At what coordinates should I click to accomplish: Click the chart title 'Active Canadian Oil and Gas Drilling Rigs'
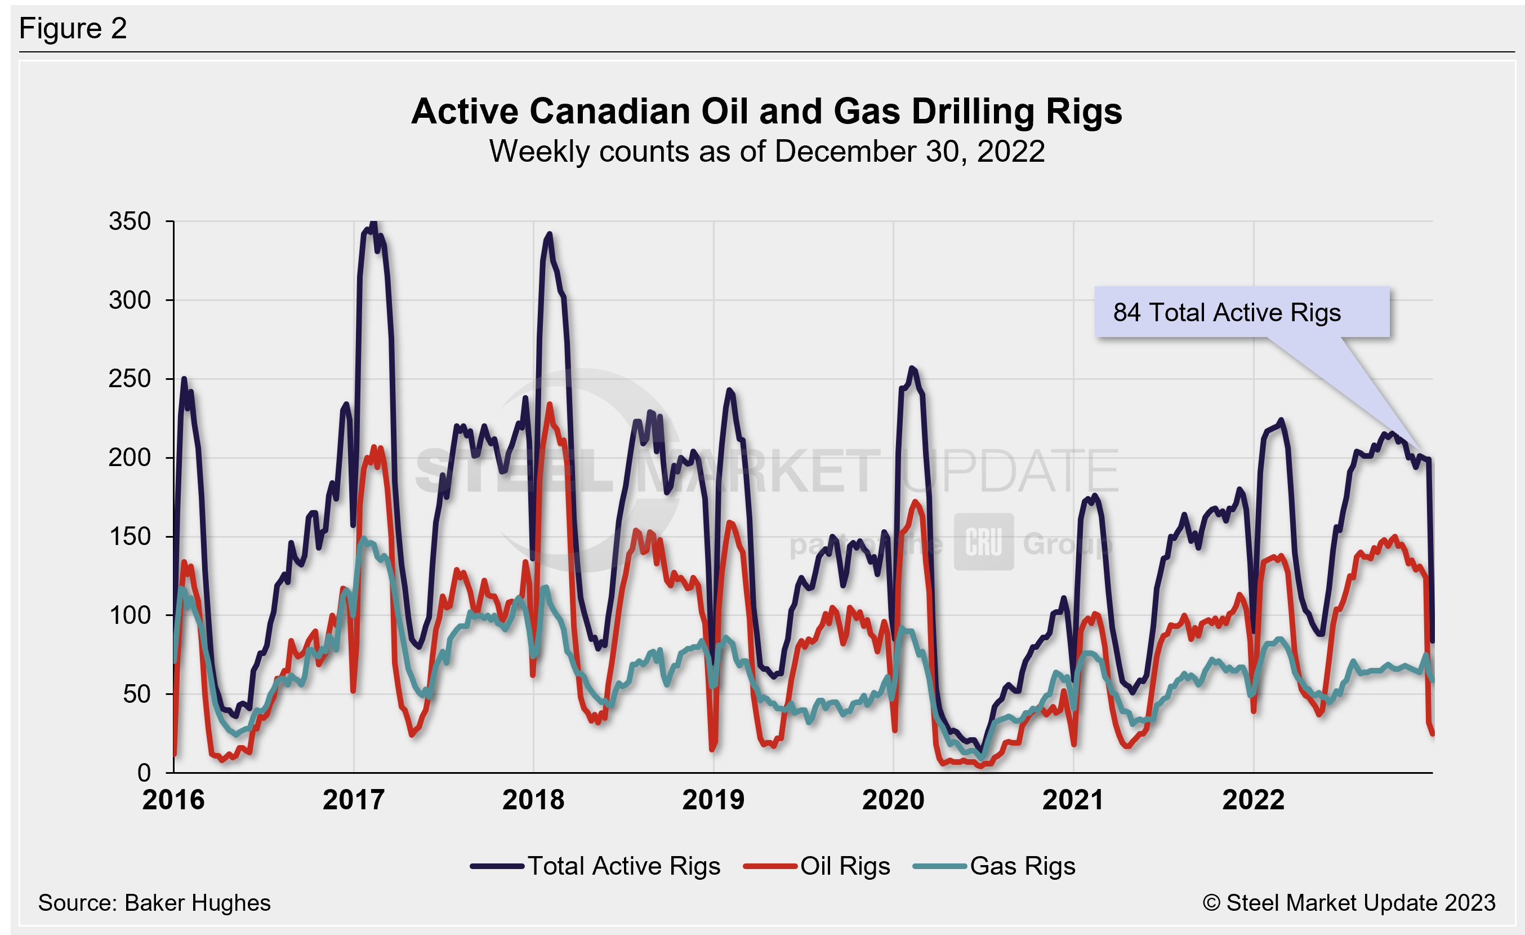[x=766, y=112]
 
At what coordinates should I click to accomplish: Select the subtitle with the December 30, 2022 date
[x=766, y=152]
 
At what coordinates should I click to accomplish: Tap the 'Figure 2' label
[x=73, y=29]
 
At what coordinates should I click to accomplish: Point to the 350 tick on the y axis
[x=130, y=221]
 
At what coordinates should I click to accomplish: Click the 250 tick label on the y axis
[x=130, y=379]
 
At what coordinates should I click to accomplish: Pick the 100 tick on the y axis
[x=130, y=615]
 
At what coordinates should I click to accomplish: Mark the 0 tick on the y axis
[x=144, y=773]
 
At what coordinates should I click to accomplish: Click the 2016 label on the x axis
[x=173, y=800]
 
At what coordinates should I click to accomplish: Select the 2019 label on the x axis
[x=713, y=800]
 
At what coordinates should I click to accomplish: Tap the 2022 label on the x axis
[x=1254, y=800]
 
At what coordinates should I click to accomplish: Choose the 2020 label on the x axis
[x=893, y=800]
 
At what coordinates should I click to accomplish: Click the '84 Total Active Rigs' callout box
[x=1242, y=313]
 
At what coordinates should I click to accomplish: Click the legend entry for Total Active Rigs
[x=595, y=866]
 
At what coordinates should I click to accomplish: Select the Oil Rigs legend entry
[x=817, y=866]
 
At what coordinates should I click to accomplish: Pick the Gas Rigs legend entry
[x=995, y=866]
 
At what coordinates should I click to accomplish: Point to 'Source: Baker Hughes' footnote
[x=154, y=903]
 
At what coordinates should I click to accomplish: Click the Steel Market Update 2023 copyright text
[x=1349, y=903]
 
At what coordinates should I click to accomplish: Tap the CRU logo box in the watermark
[x=983, y=542]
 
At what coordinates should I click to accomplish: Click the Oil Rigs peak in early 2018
[x=550, y=406]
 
